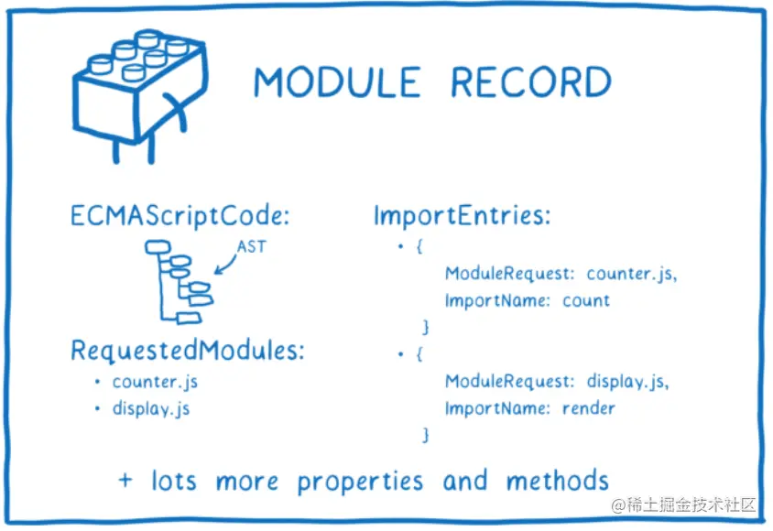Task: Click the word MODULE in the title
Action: coord(336,82)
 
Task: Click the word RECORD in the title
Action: coord(530,82)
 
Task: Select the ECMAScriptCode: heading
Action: coord(180,219)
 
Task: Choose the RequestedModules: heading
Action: coord(188,352)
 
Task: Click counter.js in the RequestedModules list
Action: coord(155,382)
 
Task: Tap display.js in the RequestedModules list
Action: coord(151,408)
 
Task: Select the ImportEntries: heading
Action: coord(462,217)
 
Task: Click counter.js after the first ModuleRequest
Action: coord(631,274)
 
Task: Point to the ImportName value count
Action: coord(586,300)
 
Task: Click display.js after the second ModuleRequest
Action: coord(627,382)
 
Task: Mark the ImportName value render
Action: coord(589,408)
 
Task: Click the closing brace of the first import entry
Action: coord(424,327)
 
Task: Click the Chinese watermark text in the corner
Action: coord(684,504)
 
